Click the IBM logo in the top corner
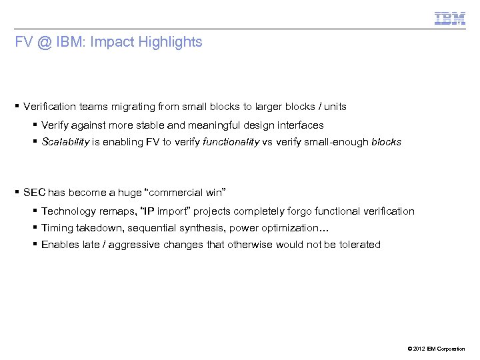[450, 19]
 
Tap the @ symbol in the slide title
[45, 42]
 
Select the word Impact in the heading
[107, 42]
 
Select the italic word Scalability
[65, 141]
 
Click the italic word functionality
[233, 141]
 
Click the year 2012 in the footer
[417, 349]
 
